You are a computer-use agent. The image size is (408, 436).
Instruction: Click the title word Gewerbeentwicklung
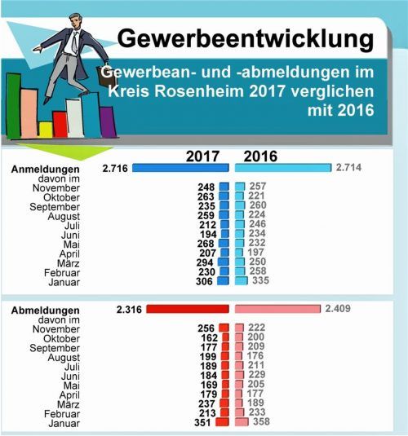tap(246, 38)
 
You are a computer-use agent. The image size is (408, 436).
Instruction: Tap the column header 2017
tap(205, 156)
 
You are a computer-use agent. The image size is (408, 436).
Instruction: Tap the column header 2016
tap(259, 156)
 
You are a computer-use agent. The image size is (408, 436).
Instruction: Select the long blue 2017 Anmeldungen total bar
tap(181, 168)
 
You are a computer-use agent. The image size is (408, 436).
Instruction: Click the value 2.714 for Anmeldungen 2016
tap(348, 168)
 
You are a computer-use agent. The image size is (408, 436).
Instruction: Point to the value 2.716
tap(117, 168)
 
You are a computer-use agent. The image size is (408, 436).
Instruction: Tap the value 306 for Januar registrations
tap(205, 281)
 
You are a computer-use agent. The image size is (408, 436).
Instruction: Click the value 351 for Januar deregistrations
tap(202, 422)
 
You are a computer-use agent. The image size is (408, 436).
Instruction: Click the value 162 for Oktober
tap(207, 338)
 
